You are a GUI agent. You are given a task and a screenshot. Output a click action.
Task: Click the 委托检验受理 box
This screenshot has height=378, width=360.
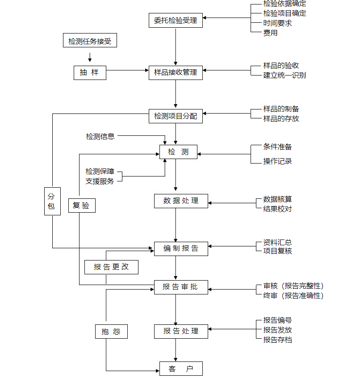(x=176, y=21)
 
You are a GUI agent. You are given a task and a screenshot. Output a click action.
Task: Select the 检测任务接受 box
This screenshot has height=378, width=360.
(x=90, y=42)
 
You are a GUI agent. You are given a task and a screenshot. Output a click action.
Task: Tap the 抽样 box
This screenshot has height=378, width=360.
(x=90, y=72)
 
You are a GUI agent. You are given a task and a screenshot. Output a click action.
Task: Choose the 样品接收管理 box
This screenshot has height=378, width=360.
(x=176, y=72)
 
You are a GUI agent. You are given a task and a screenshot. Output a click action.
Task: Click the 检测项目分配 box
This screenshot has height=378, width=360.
(x=176, y=116)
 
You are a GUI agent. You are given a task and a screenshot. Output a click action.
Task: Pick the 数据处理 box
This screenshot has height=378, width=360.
(x=181, y=201)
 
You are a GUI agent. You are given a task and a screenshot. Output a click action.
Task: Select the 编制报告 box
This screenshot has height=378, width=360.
(x=181, y=249)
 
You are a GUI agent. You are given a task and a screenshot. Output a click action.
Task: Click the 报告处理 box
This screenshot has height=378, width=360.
(x=181, y=332)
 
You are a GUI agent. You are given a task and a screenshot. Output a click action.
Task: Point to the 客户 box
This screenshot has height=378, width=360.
(x=181, y=369)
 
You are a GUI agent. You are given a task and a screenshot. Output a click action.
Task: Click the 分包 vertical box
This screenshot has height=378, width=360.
(x=51, y=201)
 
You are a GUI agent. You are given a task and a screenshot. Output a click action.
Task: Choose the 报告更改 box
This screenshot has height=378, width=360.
(x=111, y=267)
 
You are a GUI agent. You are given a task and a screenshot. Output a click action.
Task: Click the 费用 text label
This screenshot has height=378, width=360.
(x=271, y=33)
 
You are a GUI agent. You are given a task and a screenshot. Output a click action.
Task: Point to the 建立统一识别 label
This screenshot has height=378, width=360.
(x=285, y=75)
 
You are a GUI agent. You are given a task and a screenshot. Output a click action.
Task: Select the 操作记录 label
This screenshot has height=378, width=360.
(x=277, y=161)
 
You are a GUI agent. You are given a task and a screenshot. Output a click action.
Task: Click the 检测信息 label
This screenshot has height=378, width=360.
(x=100, y=136)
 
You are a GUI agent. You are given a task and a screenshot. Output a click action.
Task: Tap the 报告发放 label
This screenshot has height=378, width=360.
(x=277, y=330)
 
